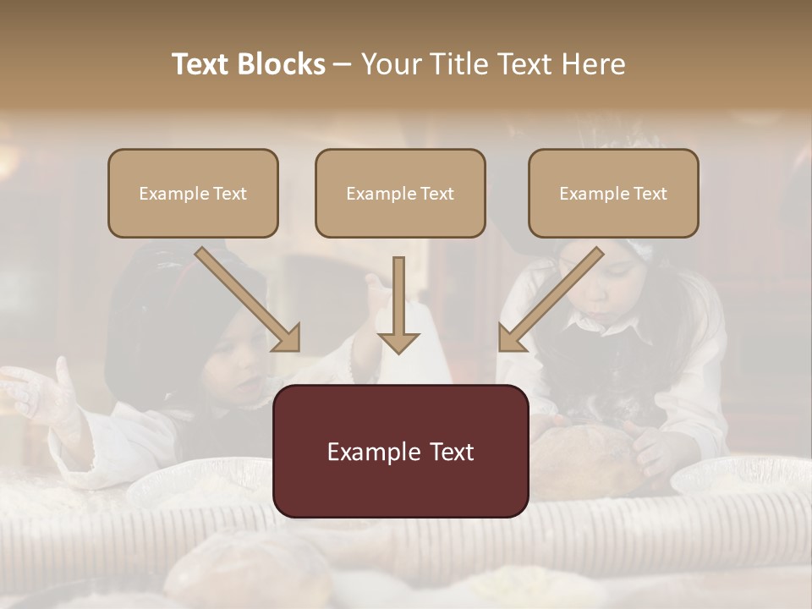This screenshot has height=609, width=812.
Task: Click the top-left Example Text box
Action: [193, 193]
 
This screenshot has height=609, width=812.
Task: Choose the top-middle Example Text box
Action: [400, 193]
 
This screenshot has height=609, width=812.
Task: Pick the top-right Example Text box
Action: [613, 193]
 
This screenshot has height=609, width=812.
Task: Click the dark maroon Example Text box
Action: [400, 451]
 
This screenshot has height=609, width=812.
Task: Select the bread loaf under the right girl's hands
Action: [584, 461]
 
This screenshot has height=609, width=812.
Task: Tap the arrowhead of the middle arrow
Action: [398, 342]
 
